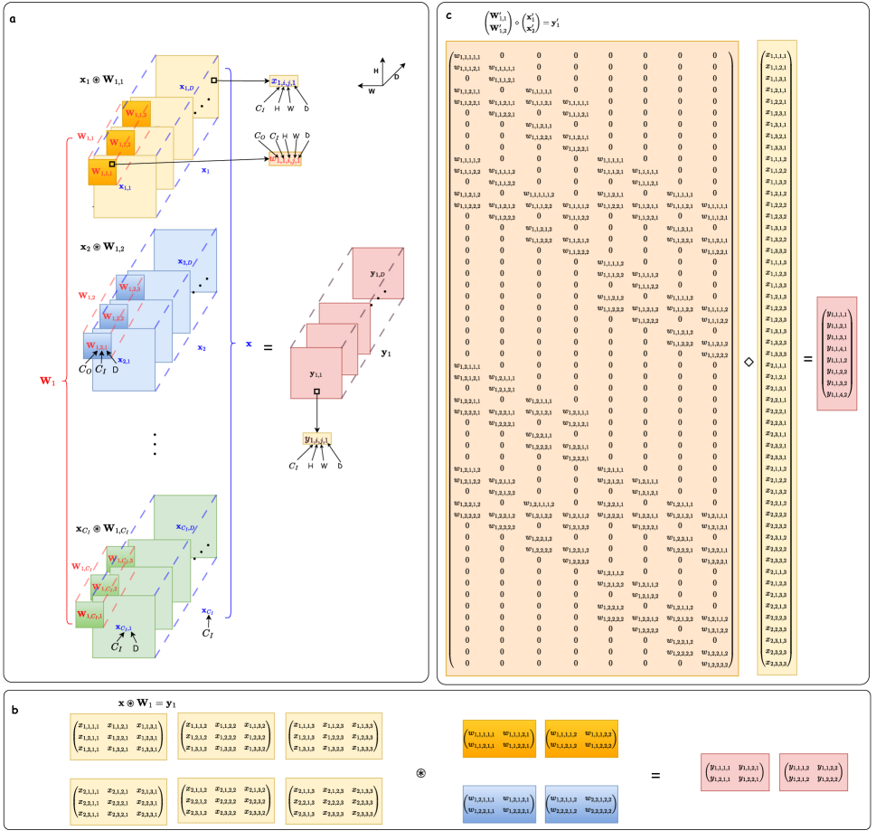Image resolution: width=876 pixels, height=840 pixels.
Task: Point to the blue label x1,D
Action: (187, 87)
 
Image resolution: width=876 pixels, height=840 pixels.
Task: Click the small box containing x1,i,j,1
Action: (284, 82)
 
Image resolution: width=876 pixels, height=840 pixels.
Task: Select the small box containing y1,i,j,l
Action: (316, 439)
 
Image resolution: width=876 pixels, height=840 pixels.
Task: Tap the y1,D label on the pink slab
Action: (379, 273)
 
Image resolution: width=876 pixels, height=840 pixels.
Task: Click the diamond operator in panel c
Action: (748, 361)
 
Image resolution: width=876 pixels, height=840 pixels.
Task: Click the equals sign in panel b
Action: (655, 775)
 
